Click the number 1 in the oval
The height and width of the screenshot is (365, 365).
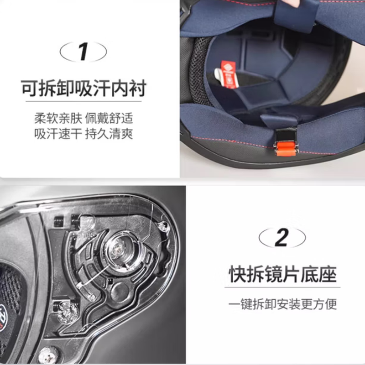(x=83, y=52)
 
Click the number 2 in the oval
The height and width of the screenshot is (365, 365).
(x=282, y=238)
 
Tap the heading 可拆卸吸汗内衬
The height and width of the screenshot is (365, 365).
(x=84, y=88)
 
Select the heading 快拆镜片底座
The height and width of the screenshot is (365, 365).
(x=282, y=274)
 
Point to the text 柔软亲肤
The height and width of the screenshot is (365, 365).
(x=58, y=119)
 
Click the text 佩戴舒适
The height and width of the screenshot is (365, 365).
(x=109, y=119)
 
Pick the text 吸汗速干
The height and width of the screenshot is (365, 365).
(x=58, y=134)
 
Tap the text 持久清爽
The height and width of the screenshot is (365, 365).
(x=109, y=134)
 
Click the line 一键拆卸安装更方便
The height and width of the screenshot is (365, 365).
(x=282, y=304)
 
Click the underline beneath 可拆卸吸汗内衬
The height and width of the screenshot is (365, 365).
(x=83, y=101)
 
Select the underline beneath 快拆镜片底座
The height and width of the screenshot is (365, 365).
(x=282, y=287)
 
